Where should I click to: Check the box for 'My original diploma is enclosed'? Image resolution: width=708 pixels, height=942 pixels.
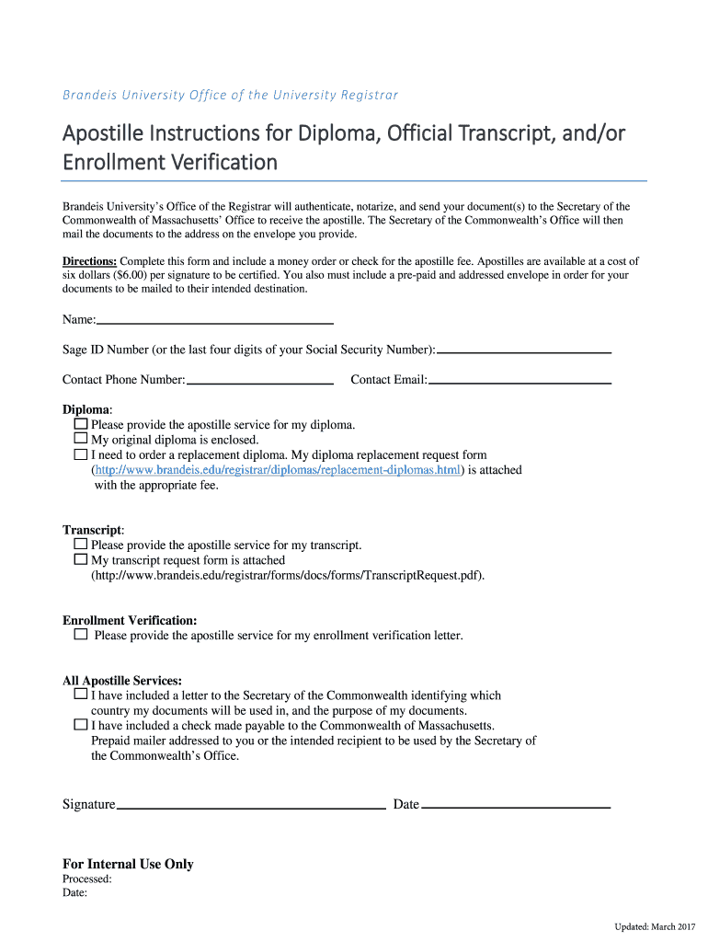coord(81,440)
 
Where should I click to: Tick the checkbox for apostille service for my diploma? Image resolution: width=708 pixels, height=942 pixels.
coord(81,425)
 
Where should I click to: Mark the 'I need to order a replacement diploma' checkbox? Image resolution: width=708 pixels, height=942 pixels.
coord(81,454)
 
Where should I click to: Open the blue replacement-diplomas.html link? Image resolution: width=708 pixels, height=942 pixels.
coord(277,470)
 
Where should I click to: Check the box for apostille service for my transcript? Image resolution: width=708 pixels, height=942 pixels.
coord(81,545)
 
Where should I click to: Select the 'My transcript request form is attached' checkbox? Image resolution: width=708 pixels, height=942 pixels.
coord(81,559)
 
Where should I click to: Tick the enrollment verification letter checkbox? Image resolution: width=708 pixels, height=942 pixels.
coord(81,635)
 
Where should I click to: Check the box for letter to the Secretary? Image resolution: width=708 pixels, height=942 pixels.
coord(81,695)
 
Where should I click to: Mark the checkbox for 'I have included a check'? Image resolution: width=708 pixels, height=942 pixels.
coord(81,725)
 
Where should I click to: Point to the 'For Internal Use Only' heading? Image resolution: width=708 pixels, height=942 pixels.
coord(128,864)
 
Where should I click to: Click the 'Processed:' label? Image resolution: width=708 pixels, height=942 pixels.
coord(87,879)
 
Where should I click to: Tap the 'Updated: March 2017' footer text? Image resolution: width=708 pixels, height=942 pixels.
coord(656,925)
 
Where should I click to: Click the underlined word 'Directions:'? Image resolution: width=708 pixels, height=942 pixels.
coord(89,261)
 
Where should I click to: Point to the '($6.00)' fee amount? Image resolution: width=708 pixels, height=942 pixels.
coord(130,275)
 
